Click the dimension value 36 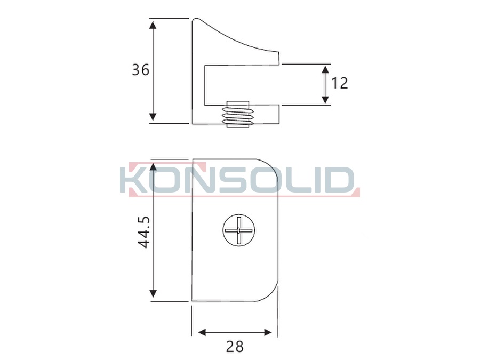[140, 70]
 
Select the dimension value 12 [340, 83]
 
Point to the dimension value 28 [235, 347]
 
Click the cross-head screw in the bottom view [238, 230]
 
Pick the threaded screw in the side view [238, 114]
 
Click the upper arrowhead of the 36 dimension [153, 23]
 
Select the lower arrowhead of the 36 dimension [153, 117]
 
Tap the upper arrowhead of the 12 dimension [325, 69]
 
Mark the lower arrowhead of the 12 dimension [325, 100]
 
